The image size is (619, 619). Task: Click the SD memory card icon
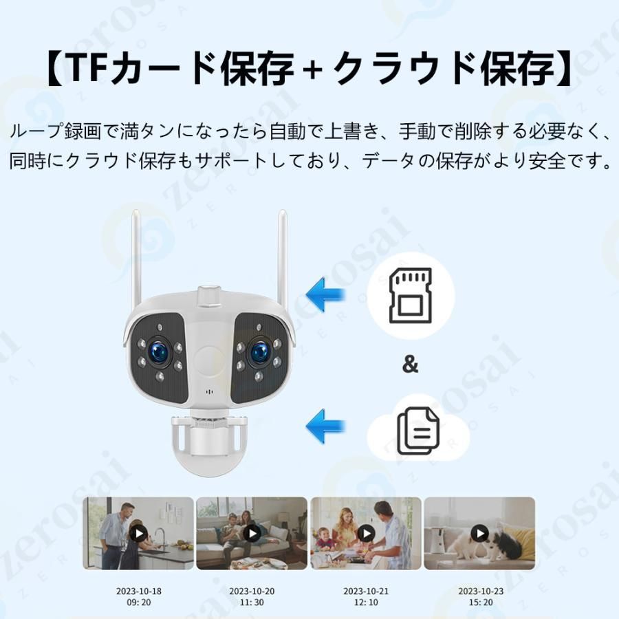click(410, 295)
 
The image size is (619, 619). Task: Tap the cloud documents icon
click(418, 431)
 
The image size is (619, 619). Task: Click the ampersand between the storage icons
click(410, 365)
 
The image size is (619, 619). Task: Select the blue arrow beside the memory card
click(325, 295)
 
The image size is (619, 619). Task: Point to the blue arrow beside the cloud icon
click(325, 426)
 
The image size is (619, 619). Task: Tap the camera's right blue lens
click(259, 351)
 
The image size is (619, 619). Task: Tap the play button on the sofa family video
click(252, 534)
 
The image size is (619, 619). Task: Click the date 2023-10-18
click(138, 591)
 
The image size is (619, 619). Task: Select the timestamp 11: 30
click(252, 602)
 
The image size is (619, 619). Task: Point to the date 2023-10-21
click(366, 591)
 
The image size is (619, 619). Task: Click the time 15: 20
click(481, 602)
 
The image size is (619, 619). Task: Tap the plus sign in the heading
click(314, 71)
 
